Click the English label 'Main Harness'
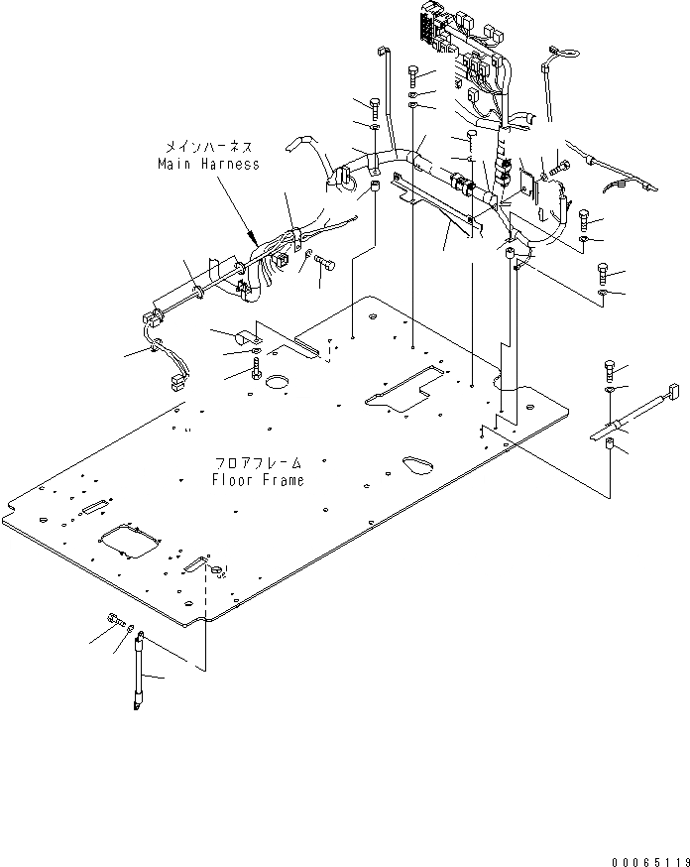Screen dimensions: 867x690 pos(207,164)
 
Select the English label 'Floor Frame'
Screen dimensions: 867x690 pos(257,480)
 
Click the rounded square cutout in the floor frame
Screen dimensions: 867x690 pos(129,541)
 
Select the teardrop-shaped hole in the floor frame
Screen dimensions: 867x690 pos(414,463)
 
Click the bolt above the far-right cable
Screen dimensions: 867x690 pos(609,373)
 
